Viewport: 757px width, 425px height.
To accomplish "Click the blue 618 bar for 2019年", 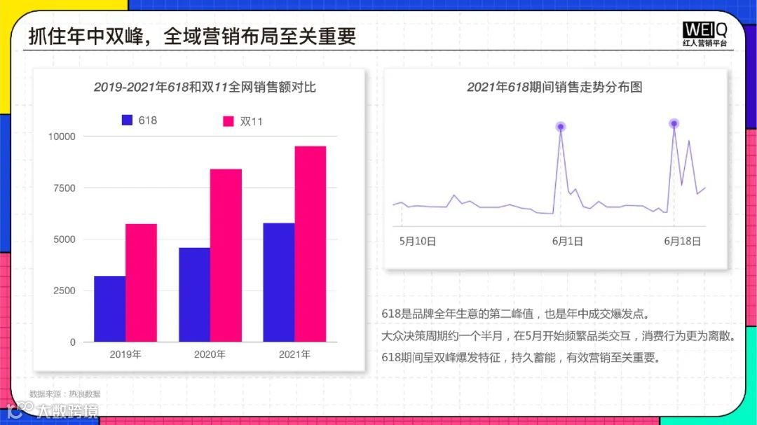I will pyautogui.click(x=110, y=309).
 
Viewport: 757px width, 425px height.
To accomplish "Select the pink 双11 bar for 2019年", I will pyautogui.click(x=141, y=283).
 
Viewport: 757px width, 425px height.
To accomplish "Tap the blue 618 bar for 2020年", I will pyautogui.click(x=194, y=295).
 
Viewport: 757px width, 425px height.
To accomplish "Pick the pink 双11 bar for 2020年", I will pyautogui.click(x=226, y=256).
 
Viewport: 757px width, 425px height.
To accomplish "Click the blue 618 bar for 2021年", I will pyautogui.click(x=279, y=282).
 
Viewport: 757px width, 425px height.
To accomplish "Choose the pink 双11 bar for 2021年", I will pyautogui.click(x=311, y=244).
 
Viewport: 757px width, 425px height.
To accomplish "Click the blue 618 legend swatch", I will pyautogui.click(x=127, y=120).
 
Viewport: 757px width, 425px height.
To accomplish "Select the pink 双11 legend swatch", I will pyautogui.click(x=228, y=121).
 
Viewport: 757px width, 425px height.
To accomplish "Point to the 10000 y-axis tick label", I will pyautogui.click(x=62, y=137).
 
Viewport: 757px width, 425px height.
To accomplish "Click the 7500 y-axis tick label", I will pyautogui.click(x=64, y=188).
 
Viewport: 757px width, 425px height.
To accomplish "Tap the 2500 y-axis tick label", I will pyautogui.click(x=64, y=291).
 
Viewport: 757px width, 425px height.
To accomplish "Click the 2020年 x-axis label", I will pyautogui.click(x=210, y=354).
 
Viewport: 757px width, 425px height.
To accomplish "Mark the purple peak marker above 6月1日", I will pyautogui.click(x=561, y=127).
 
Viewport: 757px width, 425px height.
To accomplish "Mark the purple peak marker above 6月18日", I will pyautogui.click(x=674, y=124).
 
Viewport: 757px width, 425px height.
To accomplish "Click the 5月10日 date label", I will pyautogui.click(x=418, y=241).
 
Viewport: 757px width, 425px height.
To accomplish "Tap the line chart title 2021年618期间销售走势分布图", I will pyautogui.click(x=554, y=88).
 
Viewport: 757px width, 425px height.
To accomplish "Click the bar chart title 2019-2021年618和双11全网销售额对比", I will pyautogui.click(x=205, y=88).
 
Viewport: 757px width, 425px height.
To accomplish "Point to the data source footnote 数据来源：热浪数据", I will pyautogui.click(x=64, y=394).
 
